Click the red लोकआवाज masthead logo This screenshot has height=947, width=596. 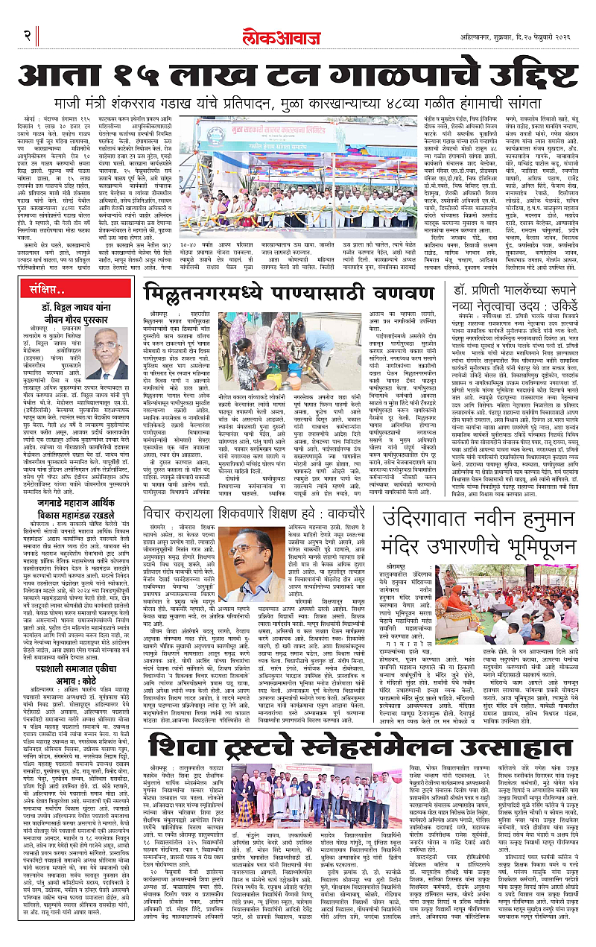[x=297, y=36]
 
